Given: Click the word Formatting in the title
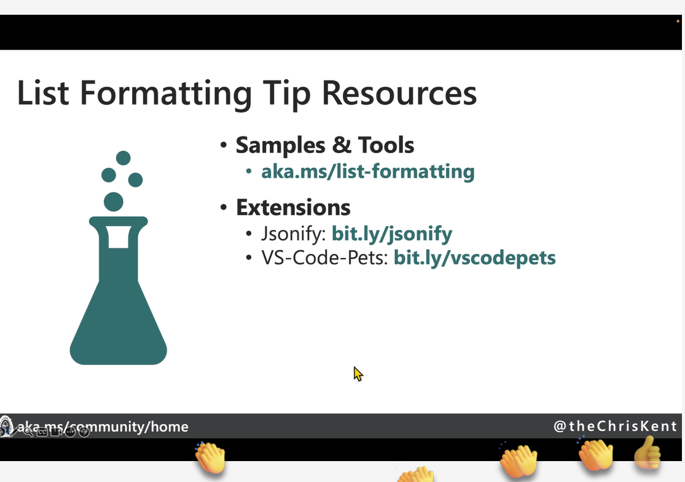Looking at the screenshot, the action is pos(166,93).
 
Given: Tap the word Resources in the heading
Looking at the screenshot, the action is pos(399,93).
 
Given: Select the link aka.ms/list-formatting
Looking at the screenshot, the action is pos(368,172).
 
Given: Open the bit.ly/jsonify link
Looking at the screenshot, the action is pos(392,234).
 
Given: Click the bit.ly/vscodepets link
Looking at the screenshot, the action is pos(475,258).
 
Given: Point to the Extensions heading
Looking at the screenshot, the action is pos(293,207).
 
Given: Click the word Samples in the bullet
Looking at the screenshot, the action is pos(281,145).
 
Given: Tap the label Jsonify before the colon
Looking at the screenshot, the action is pos(291,234).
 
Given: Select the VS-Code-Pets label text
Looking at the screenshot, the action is pos(323,258).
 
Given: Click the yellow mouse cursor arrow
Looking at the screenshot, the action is pos(358,374).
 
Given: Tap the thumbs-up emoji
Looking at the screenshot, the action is pos(647,453).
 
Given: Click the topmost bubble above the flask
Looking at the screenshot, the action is pos(123,158).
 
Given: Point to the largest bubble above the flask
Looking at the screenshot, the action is pos(114,202).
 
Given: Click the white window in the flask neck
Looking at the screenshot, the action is pos(119,237).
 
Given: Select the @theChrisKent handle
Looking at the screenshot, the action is pos(615,426).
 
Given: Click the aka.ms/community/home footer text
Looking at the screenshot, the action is pos(103,427).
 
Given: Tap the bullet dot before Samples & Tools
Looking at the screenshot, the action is pos(224,144).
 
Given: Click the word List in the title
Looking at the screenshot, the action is pos(43,93).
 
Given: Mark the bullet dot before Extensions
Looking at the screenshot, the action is pos(224,207).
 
